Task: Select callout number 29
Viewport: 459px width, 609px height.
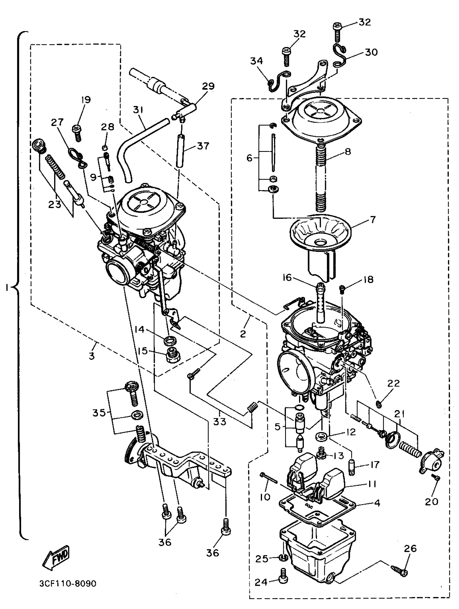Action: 208,86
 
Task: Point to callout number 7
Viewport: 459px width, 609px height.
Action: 372,220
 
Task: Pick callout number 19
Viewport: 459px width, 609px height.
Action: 86,100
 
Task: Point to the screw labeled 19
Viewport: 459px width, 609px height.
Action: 77,132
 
